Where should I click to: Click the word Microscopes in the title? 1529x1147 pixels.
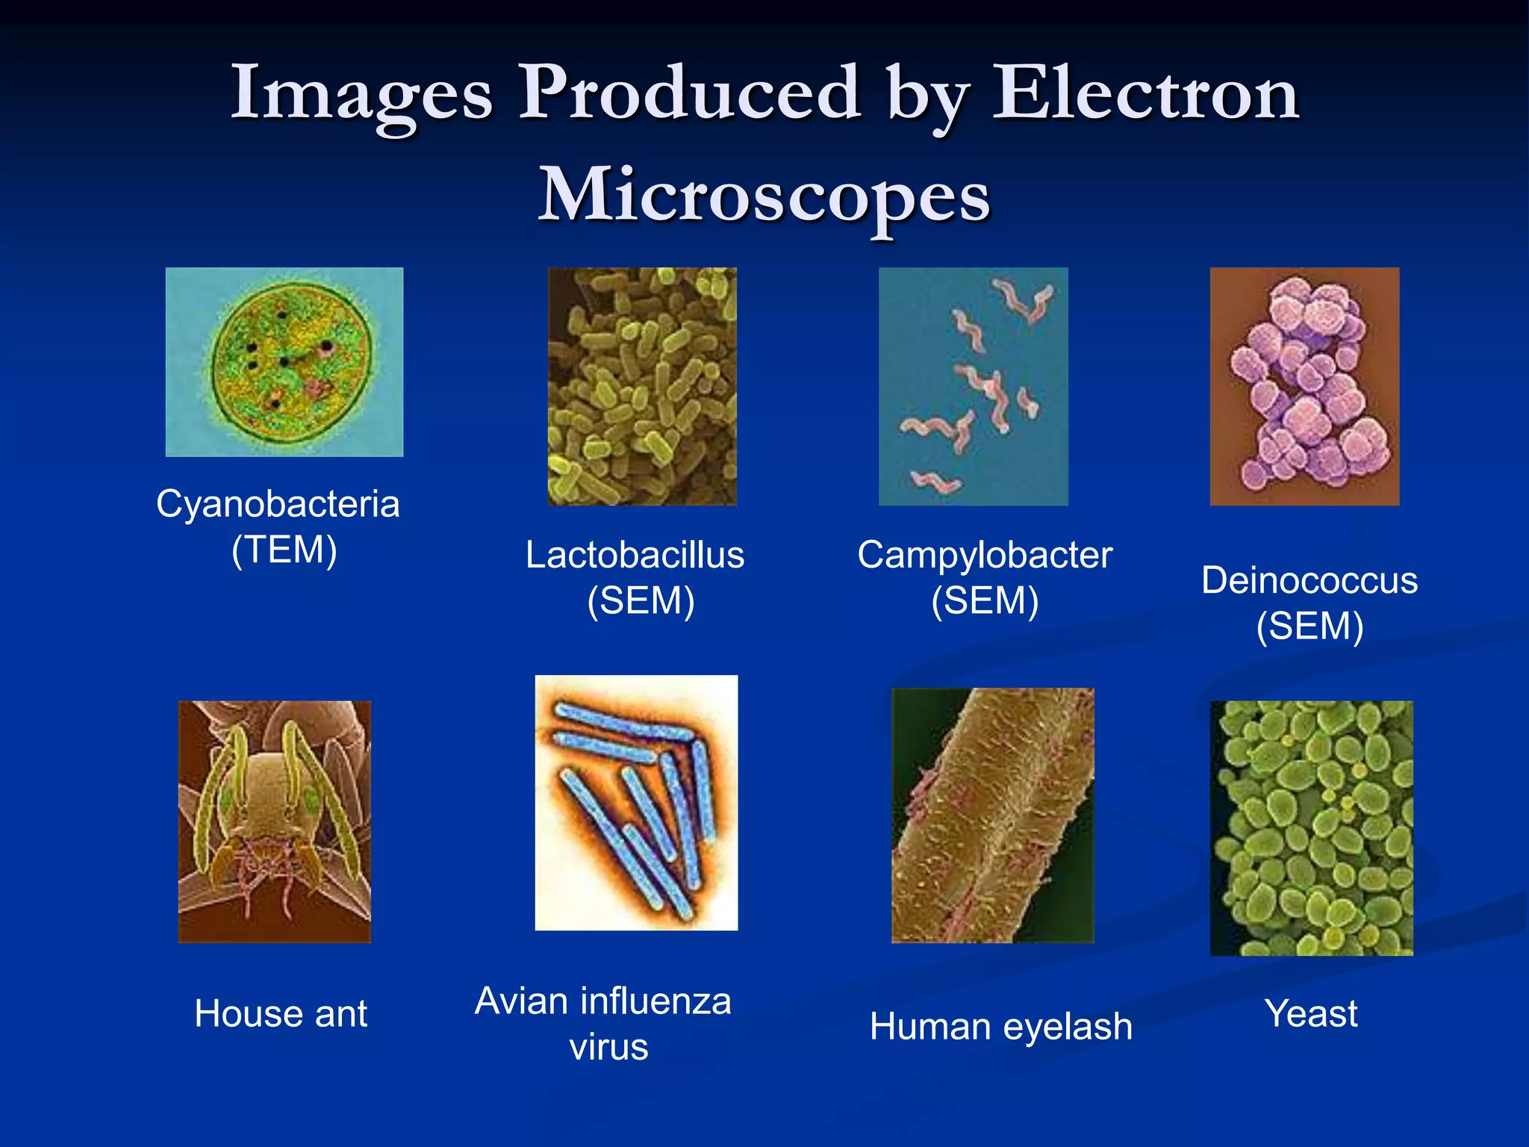pyautogui.click(x=764, y=196)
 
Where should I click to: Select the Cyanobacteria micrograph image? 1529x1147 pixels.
pyautogui.click(x=284, y=362)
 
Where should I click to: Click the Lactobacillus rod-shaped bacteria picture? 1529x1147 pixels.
pyautogui.click(x=642, y=386)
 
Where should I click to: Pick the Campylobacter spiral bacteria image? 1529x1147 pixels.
pyautogui.click(x=973, y=386)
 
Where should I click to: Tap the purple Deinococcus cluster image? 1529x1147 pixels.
pyautogui.click(x=1304, y=386)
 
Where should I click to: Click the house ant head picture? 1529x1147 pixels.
pyautogui.click(x=274, y=821)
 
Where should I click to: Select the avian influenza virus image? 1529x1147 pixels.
pyautogui.click(x=636, y=803)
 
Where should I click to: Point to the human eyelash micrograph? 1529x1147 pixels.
pyautogui.click(x=992, y=815)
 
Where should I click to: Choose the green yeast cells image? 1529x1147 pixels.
pyautogui.click(x=1311, y=827)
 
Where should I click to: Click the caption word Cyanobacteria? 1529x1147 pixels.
pyautogui.click(x=278, y=504)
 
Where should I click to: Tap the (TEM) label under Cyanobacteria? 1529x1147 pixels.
pyautogui.click(x=284, y=550)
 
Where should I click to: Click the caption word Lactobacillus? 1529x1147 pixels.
pyautogui.click(x=635, y=556)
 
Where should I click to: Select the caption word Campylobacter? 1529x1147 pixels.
pyautogui.click(x=985, y=556)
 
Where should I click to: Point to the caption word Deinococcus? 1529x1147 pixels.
pyautogui.click(x=1310, y=581)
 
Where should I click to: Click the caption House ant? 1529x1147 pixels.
pyautogui.click(x=281, y=1014)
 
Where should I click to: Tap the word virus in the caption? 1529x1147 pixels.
pyautogui.click(x=608, y=1047)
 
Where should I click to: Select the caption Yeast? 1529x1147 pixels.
pyautogui.click(x=1311, y=1014)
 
